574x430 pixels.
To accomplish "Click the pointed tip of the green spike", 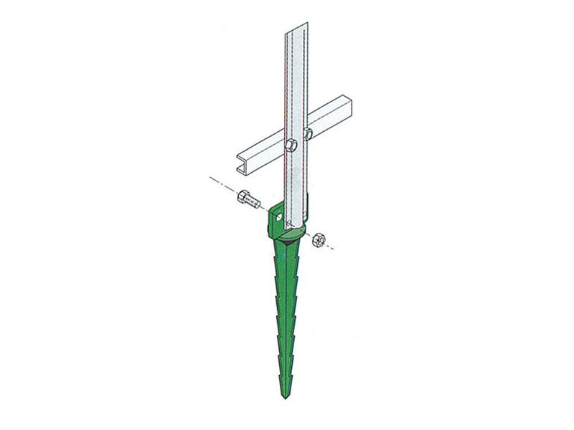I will tap(285, 398).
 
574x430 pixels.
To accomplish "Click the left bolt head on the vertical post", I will tap(290, 145).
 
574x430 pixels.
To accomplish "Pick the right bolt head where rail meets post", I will tap(307, 133).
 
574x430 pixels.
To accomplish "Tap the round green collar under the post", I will tap(291, 234).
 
